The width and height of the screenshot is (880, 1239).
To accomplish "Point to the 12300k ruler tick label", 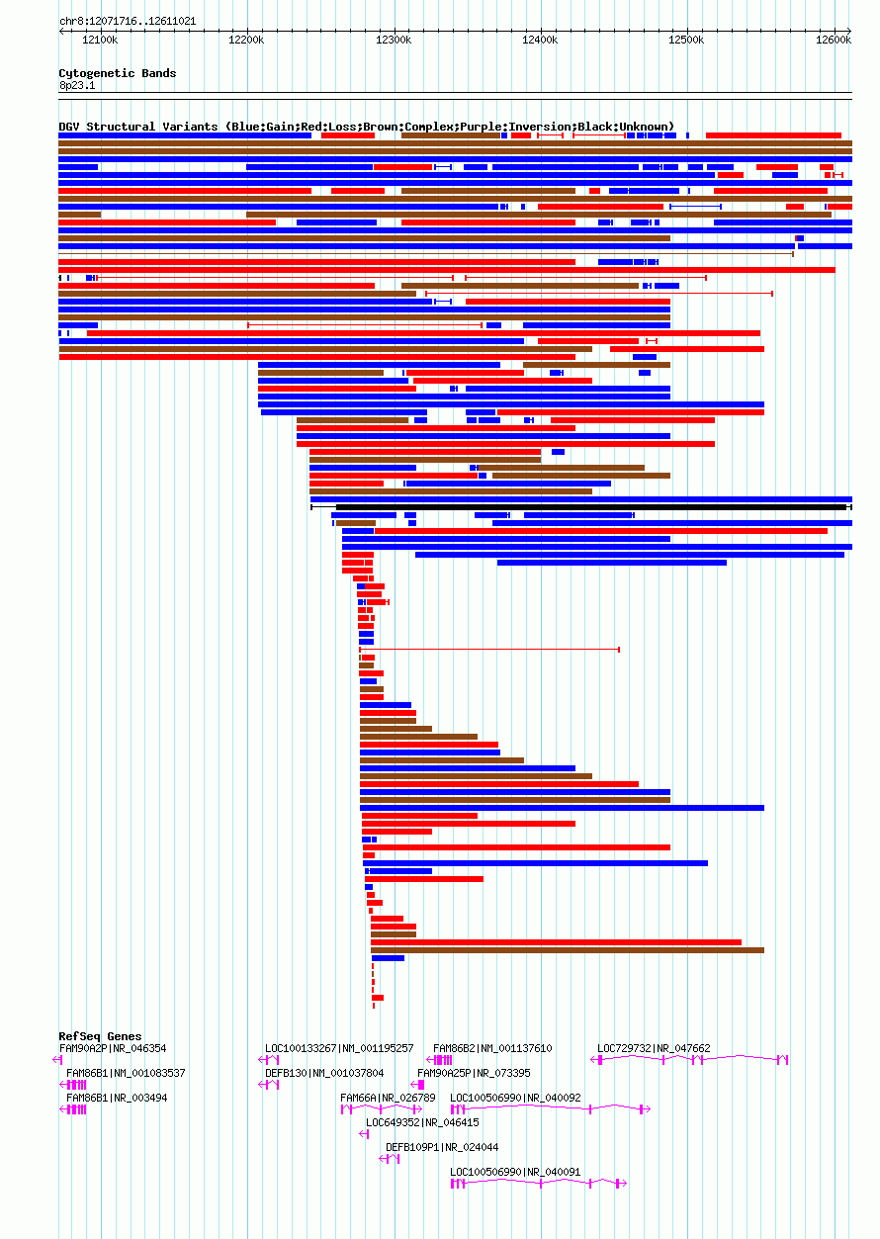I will pos(394,40).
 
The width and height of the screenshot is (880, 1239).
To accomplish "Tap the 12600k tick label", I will pos(834,40).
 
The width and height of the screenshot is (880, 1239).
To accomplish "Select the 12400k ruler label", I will pos(540,40).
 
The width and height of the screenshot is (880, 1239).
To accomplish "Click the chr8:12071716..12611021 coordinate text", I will pos(127,21).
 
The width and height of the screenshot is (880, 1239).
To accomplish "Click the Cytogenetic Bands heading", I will pos(117,73).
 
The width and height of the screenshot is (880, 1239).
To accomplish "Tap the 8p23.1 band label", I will pos(77,85).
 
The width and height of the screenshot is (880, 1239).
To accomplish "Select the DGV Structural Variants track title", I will pos(366,127).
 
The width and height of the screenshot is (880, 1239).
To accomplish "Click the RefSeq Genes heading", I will pos(100,1036).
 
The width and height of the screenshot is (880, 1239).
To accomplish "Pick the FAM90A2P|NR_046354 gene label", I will pos(113,1048).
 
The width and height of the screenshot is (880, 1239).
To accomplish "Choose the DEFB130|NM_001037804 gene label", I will pos(324,1073).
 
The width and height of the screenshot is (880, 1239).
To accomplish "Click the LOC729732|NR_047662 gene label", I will pos(654,1048).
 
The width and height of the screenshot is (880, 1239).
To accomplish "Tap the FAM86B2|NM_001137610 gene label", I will pos(492,1048).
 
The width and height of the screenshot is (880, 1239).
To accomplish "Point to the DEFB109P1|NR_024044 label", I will pos(442,1147).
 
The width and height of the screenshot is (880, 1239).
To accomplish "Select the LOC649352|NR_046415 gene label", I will pos(422,1122).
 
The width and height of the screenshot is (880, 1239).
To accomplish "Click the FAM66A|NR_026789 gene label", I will pos(388,1098).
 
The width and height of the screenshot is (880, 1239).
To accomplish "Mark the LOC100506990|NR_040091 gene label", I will pos(515,1172).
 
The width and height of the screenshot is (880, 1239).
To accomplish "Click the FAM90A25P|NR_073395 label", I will pos(474,1073).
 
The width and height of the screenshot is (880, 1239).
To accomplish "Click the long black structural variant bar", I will pos(590,507).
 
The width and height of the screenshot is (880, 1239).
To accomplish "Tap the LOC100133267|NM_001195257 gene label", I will pos(339,1048).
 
